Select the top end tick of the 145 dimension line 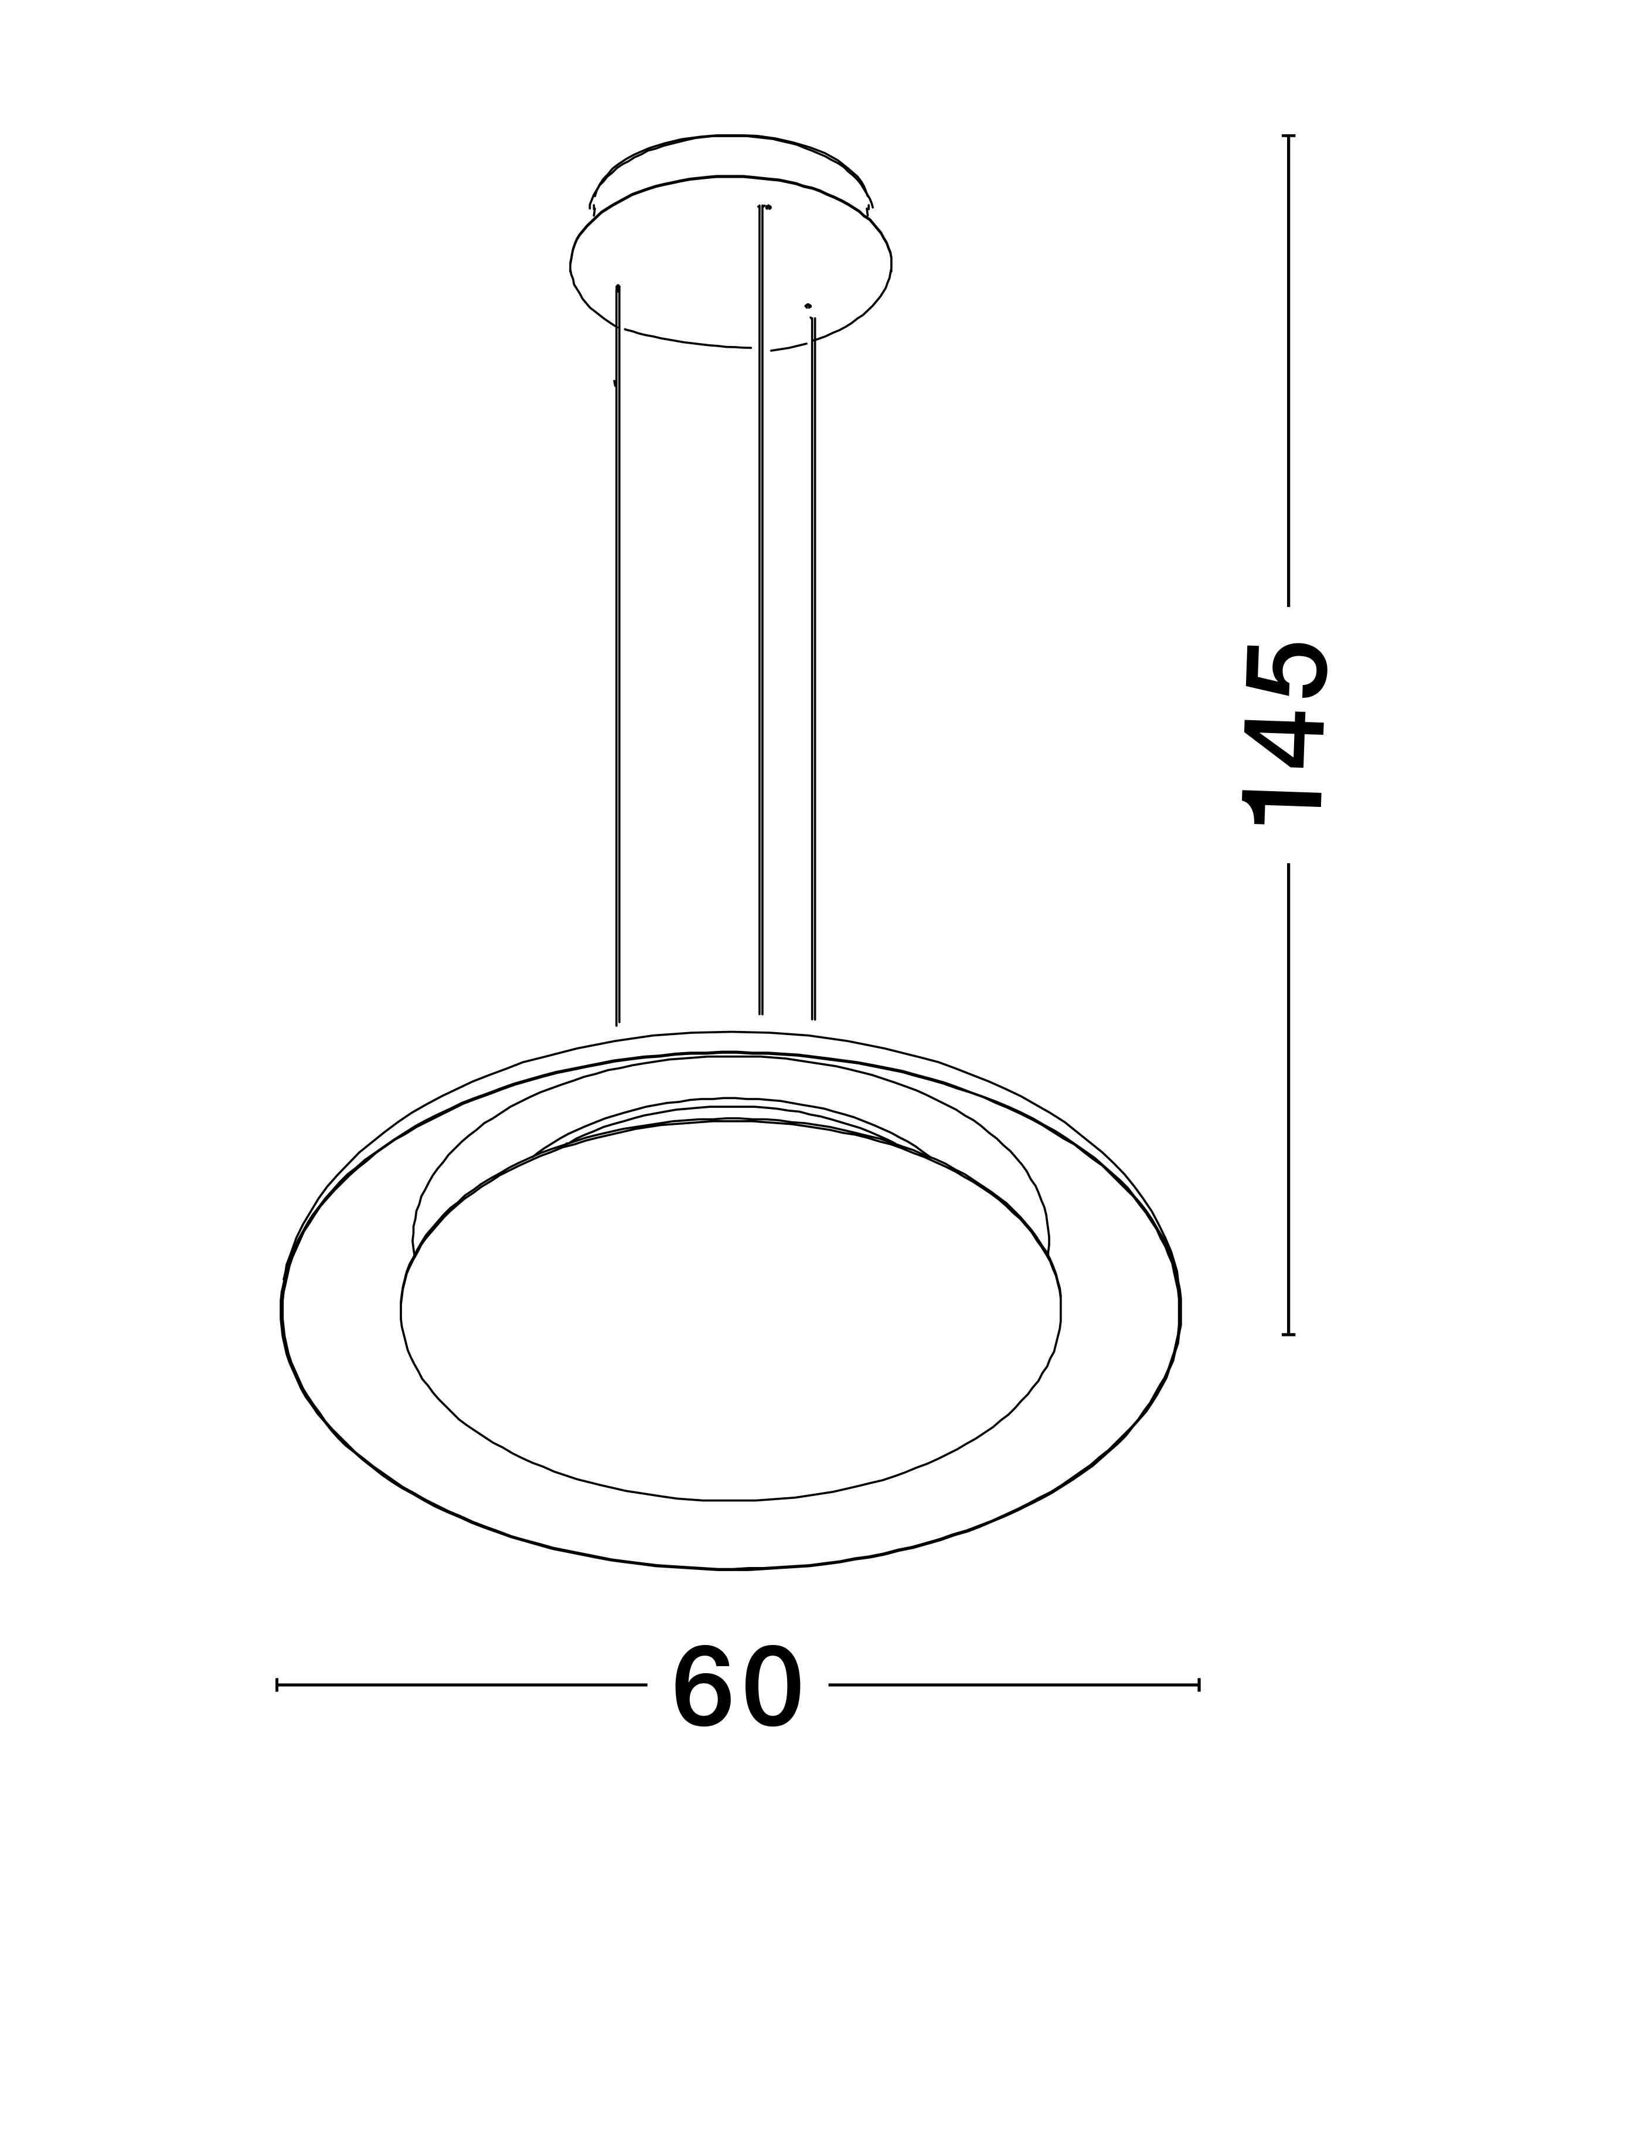pos(1288,137)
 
